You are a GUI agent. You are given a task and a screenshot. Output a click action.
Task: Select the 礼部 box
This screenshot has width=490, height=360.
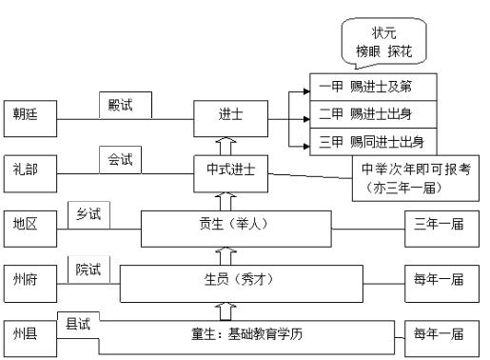29,171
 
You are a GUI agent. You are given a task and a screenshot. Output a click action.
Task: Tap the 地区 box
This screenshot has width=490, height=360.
29,227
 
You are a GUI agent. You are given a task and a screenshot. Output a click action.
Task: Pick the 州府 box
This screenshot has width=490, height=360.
29,283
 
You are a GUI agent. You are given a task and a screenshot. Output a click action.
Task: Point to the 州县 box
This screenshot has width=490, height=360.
29,336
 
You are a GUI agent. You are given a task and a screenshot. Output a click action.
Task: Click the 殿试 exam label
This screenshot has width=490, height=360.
122,103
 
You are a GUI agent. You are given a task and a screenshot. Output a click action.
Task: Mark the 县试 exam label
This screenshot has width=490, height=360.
78,322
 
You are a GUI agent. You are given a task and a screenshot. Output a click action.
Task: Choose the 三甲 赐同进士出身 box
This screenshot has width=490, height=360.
373,145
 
